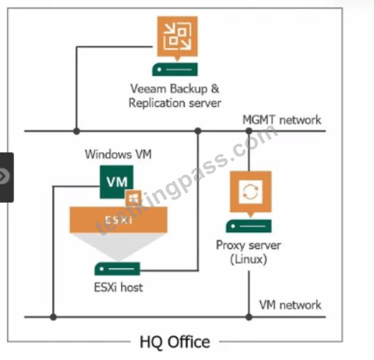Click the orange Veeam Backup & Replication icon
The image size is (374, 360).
[x=177, y=37]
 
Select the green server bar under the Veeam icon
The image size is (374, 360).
[x=175, y=70]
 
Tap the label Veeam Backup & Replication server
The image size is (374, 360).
[x=175, y=96]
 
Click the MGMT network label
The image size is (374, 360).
[x=282, y=120]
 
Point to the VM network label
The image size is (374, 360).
[x=290, y=305]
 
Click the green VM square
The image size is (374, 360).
[x=116, y=182]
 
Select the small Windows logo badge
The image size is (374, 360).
[x=133, y=198]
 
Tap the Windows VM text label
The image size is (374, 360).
[x=119, y=154]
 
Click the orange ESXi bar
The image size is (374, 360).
[x=119, y=220]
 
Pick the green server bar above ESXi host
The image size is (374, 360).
[x=117, y=269]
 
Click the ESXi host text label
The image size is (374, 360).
[x=119, y=287]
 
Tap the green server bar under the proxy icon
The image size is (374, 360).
[x=248, y=226]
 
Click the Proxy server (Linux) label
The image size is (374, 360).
[x=248, y=252]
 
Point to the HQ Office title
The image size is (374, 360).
[x=175, y=342]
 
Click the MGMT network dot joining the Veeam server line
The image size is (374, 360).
[x=77, y=131]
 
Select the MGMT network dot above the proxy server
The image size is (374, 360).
[x=249, y=131]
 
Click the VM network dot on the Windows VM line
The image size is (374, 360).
[x=54, y=317]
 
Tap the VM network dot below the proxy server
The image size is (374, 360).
[x=249, y=317]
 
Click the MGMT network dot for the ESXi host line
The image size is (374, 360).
[x=198, y=131]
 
